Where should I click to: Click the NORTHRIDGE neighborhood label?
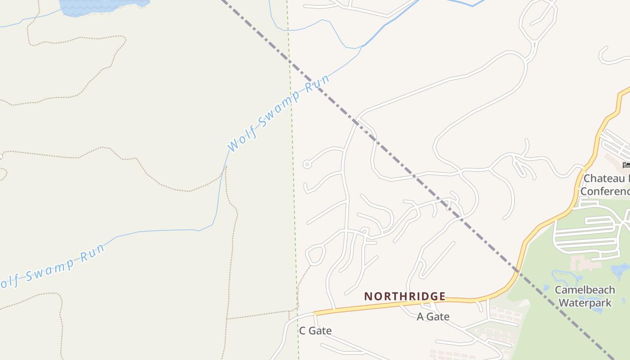coord(405,296)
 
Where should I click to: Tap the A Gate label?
coord(433,316)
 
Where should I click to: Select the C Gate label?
coord(315,331)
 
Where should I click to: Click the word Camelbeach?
coord(585,290)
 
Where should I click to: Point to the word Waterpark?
coord(585,302)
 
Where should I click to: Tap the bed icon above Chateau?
coord(626,165)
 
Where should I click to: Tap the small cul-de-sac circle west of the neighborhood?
coord(307,164)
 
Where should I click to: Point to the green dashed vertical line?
coord(293,180)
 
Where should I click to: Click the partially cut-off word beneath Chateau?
coord(605,191)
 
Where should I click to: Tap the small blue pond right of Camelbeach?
coord(620,270)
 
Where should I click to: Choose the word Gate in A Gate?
coord(439,316)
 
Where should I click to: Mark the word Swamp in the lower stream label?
coord(50,269)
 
